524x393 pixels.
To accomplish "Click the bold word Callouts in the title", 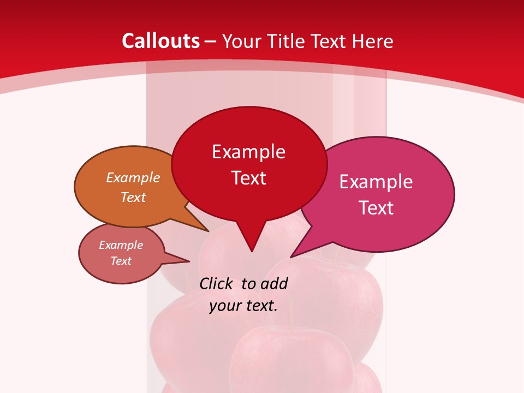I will click(x=160, y=41).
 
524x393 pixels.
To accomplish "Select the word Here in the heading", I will click(x=373, y=41).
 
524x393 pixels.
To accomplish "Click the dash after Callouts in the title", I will click(x=211, y=42).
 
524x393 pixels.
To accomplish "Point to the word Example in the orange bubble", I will click(x=133, y=177).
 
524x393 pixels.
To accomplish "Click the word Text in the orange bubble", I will click(x=133, y=197).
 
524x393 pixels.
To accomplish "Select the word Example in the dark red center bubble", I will click(x=248, y=152).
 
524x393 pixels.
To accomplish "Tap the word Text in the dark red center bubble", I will click(x=248, y=178).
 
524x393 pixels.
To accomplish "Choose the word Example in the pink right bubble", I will click(x=376, y=182).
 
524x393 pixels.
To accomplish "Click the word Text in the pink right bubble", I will click(x=376, y=208).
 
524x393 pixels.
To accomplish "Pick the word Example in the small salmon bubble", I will click(x=121, y=245).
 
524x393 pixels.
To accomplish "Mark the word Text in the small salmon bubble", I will click(x=121, y=261).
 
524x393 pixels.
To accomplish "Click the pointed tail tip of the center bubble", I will click(x=251, y=251).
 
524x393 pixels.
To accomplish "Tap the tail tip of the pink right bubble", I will click(x=291, y=257).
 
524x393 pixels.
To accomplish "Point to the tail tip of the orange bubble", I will click(x=208, y=231).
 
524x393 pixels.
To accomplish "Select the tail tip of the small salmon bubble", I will click(x=189, y=261).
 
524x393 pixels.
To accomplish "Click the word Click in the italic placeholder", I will click(x=217, y=284).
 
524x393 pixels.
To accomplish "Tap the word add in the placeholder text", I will click(x=274, y=284).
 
